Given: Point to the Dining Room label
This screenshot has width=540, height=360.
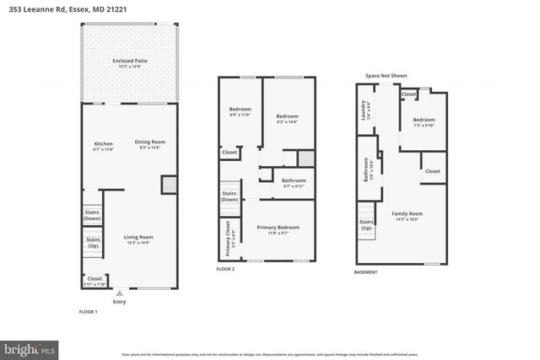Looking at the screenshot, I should [x=150, y=143].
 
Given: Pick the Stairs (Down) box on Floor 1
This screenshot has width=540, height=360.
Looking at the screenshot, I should [x=92, y=216].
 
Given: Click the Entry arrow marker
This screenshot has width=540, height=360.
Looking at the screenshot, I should [x=119, y=293].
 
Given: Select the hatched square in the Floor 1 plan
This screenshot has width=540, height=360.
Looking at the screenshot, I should [x=168, y=185].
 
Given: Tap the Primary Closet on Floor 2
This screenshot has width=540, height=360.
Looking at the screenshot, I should [x=228, y=238].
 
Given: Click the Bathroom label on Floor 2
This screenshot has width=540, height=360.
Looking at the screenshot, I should [x=294, y=182].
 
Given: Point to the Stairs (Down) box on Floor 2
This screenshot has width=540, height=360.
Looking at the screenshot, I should [x=229, y=197].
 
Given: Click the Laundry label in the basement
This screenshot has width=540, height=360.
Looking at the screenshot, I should [x=363, y=111].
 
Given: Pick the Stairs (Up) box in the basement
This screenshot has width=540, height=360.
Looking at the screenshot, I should [x=366, y=225].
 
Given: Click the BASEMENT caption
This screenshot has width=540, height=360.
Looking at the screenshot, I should [x=365, y=272].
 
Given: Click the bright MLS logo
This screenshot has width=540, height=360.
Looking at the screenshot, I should [x=30, y=347].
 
